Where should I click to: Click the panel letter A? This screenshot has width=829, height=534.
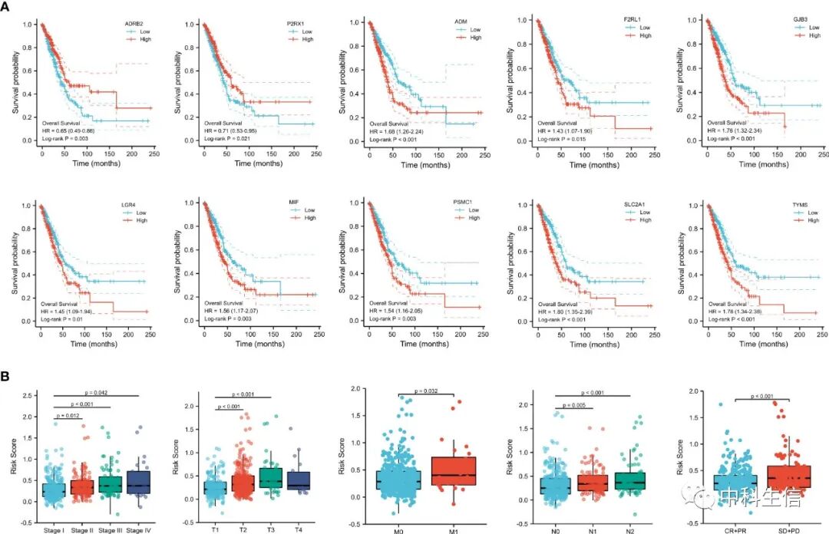tap(6, 7)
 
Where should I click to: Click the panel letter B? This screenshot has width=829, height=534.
tap(6, 377)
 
